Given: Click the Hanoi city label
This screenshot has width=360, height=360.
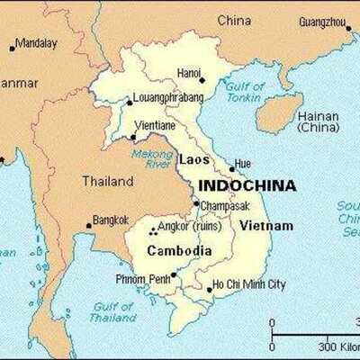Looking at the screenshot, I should coord(189,72).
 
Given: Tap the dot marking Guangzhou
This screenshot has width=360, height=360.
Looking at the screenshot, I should coord(349,28).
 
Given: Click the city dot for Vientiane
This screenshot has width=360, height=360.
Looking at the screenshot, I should coord(133,138).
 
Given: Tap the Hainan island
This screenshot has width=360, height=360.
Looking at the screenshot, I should coord(278,112).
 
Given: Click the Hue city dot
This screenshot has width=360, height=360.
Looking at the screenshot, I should coord(231,168).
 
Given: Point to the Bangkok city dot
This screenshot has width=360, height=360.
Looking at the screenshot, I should coord(88,226).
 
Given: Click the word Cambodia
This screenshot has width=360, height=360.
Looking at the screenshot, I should coord(179,251).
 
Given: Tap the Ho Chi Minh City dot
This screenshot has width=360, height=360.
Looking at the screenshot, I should coord(209,290).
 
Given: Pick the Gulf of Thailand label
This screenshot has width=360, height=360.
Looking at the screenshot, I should coord(112,311).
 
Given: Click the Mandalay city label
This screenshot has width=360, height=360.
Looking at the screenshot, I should coord(36,42).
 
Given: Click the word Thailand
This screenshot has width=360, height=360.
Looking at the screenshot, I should coord(108,181).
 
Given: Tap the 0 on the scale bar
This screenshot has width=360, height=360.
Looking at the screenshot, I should coord(272,322).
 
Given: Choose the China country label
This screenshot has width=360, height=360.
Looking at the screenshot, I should coord(234,20).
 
